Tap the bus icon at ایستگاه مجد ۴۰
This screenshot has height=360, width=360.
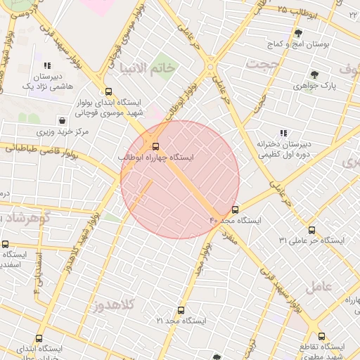point(235,210)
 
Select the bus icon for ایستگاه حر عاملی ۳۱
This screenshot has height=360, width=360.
point(311,230)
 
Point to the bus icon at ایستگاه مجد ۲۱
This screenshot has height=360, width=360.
point(181,310)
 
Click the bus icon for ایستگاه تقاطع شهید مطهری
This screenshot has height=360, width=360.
point(321,336)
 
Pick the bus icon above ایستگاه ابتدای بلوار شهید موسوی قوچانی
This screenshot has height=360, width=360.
point(108,91)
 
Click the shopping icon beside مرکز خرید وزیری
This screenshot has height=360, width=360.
point(63,120)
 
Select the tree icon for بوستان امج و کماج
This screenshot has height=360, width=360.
point(297,33)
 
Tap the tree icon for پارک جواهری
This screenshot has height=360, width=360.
point(314,75)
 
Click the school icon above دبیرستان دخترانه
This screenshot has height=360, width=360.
point(283,132)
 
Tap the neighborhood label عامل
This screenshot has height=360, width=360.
point(319,287)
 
